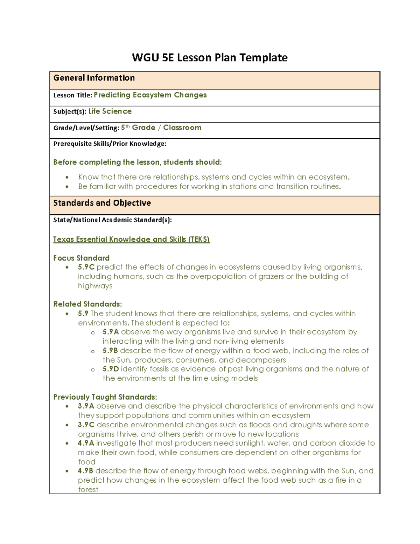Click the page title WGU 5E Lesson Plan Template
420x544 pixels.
[x=210, y=57]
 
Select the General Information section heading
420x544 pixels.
[x=94, y=78]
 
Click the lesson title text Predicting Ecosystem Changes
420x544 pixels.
[x=150, y=95]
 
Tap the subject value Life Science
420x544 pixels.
[x=110, y=111]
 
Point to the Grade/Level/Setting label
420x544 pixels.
[x=86, y=128]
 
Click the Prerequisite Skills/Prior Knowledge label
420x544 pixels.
[x=110, y=144]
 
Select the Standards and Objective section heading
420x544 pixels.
[x=102, y=203]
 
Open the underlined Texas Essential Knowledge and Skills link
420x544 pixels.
[x=131, y=239]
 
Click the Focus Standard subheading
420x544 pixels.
[x=81, y=258]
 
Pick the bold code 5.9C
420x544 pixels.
[x=86, y=267]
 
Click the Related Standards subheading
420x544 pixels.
[x=87, y=304]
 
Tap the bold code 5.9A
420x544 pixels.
[x=111, y=332]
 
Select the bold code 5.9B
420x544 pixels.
[x=110, y=350]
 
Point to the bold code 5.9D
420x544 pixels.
[x=111, y=369]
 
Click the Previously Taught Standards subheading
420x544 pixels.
[x=105, y=397]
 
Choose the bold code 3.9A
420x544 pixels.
[x=86, y=406]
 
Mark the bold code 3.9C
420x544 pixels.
[x=86, y=425]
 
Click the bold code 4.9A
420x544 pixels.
[x=86, y=443]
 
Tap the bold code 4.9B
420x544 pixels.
[x=86, y=471]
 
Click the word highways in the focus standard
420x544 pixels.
[x=95, y=286]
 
